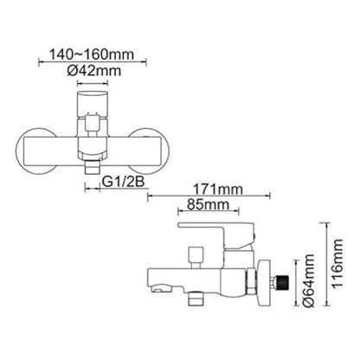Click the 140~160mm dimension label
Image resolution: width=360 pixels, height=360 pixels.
coord(92,54)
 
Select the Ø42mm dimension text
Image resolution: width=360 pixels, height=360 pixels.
coord(94,71)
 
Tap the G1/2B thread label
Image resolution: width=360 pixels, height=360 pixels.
coord(124,182)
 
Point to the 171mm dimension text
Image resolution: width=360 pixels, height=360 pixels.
coord(218,190)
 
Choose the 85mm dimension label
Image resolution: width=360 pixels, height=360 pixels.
coord(208,204)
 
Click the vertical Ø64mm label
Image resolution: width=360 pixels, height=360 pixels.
coord(308,280)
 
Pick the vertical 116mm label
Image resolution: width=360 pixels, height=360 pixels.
coord(337,263)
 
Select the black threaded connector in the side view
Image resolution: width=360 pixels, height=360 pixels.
coord(282,282)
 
